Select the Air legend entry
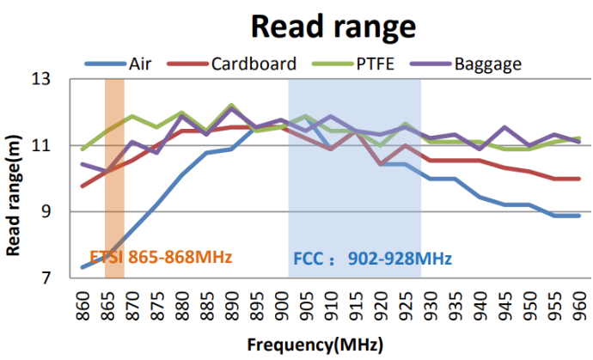tap(140, 63)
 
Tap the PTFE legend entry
tap(376, 63)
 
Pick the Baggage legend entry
tap(487, 63)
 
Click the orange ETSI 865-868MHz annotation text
tap(161, 257)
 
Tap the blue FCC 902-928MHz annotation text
tap(372, 258)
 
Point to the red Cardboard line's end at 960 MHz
tap(578, 179)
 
